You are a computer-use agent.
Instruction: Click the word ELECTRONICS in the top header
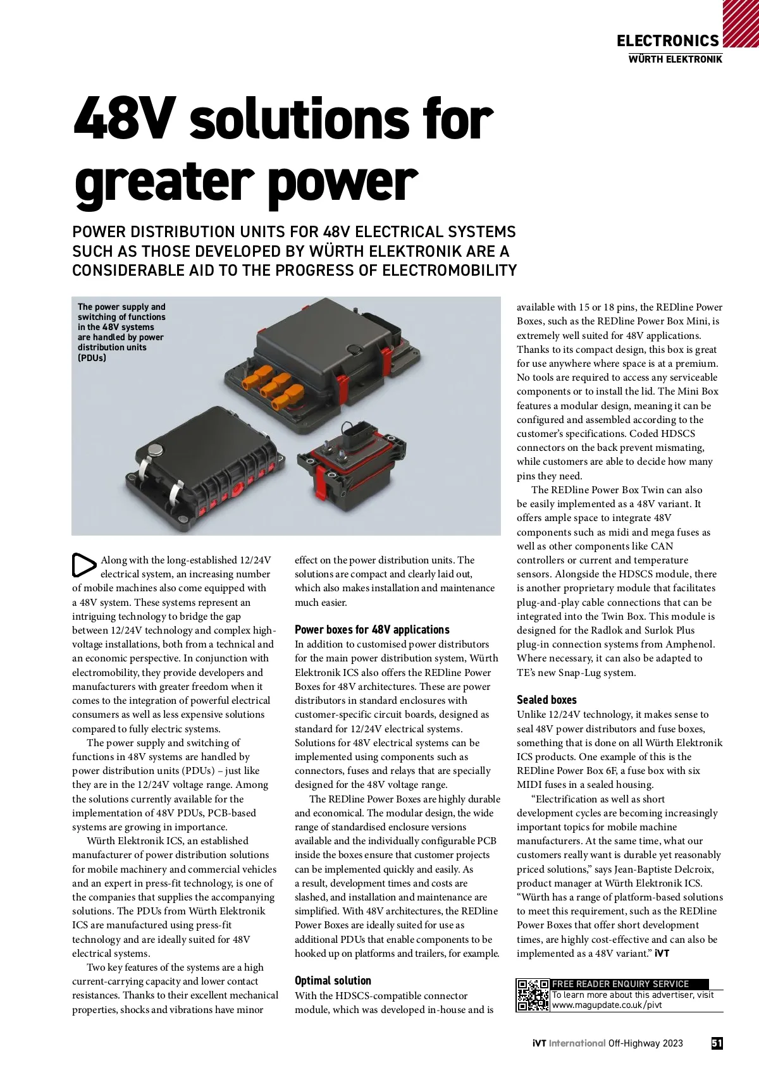(667, 41)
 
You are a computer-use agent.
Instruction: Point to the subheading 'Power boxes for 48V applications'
(372, 630)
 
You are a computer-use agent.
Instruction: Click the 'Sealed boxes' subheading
(546, 700)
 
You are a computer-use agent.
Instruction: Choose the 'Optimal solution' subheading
(333, 981)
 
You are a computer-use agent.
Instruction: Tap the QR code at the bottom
(533, 995)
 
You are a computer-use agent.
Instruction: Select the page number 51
(717, 1043)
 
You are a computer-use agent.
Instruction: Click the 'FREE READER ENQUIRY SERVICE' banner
(620, 984)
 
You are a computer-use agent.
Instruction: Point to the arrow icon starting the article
(83, 565)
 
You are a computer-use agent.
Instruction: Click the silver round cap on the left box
(155, 450)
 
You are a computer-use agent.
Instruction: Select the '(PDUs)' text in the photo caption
(92, 358)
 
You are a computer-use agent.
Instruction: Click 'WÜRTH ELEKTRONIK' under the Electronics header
(675, 59)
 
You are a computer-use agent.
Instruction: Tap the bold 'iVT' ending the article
(662, 954)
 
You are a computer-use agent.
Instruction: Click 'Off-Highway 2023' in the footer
(645, 1043)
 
